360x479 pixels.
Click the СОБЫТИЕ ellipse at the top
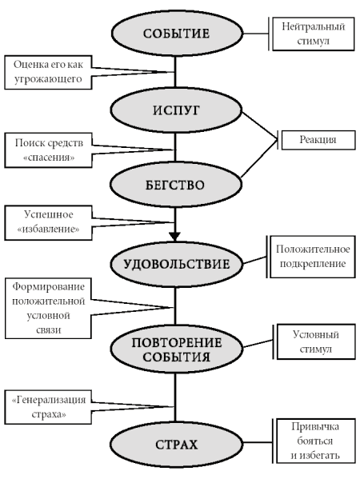pos(177,33)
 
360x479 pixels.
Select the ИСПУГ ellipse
pos(176,110)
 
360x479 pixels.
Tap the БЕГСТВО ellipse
pos(175,186)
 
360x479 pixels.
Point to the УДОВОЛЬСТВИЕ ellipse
pos(176,264)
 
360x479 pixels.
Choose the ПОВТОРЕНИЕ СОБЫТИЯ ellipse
pos(176,349)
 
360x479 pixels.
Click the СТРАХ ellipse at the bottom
pos(176,445)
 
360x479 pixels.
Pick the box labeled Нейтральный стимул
pos(314,34)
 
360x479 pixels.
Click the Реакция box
pos(318,140)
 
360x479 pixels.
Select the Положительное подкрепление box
pos(313,257)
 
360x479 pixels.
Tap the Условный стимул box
pos(316,341)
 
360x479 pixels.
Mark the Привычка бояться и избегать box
pos(316,441)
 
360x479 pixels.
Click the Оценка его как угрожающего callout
pos(48,73)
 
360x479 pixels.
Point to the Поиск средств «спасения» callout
pos(48,150)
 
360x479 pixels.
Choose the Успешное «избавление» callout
pos(48,222)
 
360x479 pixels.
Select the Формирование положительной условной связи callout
pos(48,308)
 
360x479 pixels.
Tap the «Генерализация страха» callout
pos(48,407)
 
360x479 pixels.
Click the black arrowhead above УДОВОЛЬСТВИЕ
pos(175,237)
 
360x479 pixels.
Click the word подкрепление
pos(313,264)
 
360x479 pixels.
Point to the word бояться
pos(315,441)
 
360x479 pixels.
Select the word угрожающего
pos(48,79)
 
